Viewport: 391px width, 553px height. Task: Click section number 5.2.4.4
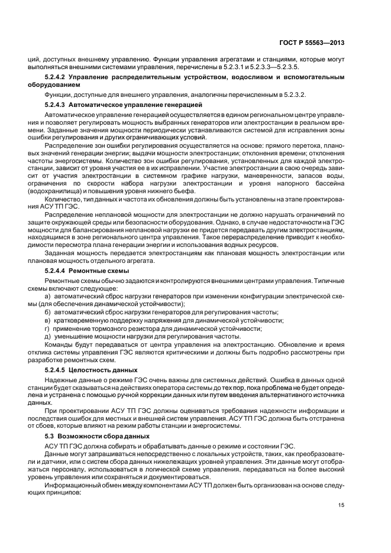pyautogui.click(x=57, y=270)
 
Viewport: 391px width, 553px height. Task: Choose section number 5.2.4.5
pyautogui.click(x=57, y=369)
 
